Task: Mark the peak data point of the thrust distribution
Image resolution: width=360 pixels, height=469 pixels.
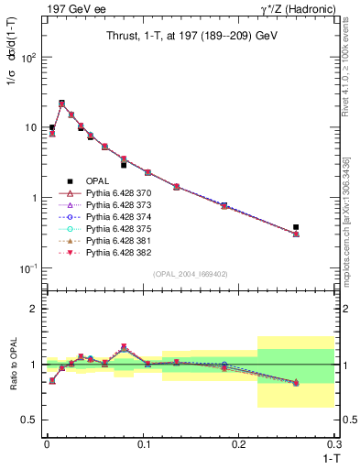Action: click(61, 104)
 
